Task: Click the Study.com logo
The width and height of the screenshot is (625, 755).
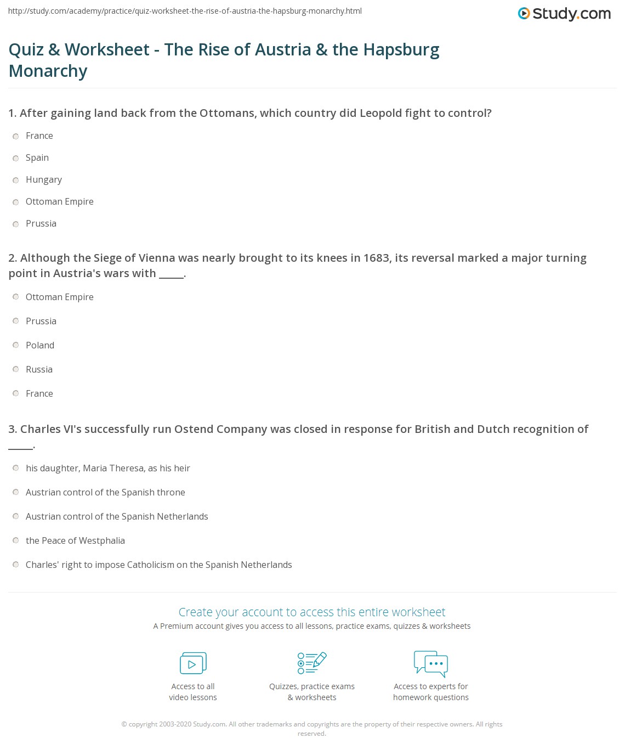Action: tap(564, 14)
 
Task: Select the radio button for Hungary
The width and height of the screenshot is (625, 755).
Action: tap(16, 180)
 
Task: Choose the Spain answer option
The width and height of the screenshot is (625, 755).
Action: tap(16, 158)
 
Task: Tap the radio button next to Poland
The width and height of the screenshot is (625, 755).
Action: tap(16, 346)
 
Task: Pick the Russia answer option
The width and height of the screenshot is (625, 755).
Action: tap(16, 370)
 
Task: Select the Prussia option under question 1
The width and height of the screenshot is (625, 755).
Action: tap(16, 224)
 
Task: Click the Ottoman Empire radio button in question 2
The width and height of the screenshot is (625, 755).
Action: tap(16, 297)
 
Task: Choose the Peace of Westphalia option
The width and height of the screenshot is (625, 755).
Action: tap(16, 541)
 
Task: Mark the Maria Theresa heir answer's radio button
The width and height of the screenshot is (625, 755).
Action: tap(16, 469)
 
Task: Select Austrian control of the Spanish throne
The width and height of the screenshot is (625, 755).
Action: tap(16, 493)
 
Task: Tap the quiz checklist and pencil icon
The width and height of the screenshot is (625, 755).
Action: tap(312, 663)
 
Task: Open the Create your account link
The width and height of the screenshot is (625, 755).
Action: tap(312, 612)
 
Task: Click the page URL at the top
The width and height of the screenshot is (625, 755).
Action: tap(185, 11)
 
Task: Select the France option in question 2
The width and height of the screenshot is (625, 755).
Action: tap(16, 394)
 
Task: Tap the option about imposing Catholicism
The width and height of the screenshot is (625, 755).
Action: tap(16, 565)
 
